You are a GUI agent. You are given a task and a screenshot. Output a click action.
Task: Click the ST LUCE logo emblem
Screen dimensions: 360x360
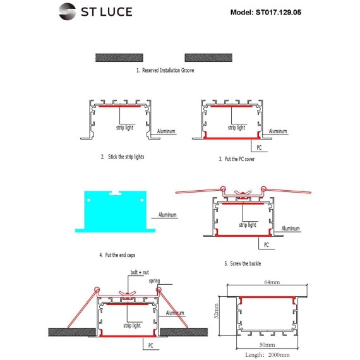tap(67, 11)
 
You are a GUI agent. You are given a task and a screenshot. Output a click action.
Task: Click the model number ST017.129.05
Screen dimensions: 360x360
tap(279, 12)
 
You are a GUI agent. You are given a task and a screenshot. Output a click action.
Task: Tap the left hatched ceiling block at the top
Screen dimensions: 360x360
tap(119, 57)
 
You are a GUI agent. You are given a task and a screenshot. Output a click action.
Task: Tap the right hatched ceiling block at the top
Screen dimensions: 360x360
tap(208, 57)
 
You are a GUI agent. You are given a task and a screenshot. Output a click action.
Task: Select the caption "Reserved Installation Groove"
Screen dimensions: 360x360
tap(168, 70)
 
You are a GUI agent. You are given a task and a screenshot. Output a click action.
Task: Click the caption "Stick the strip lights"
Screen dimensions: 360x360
tap(126, 157)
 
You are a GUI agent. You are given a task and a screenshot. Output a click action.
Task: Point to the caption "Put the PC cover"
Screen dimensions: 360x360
tap(239, 159)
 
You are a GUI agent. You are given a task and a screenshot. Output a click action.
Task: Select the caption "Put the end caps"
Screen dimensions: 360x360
tap(120, 255)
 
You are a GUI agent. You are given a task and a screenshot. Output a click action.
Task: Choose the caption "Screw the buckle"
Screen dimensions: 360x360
tap(246, 263)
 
